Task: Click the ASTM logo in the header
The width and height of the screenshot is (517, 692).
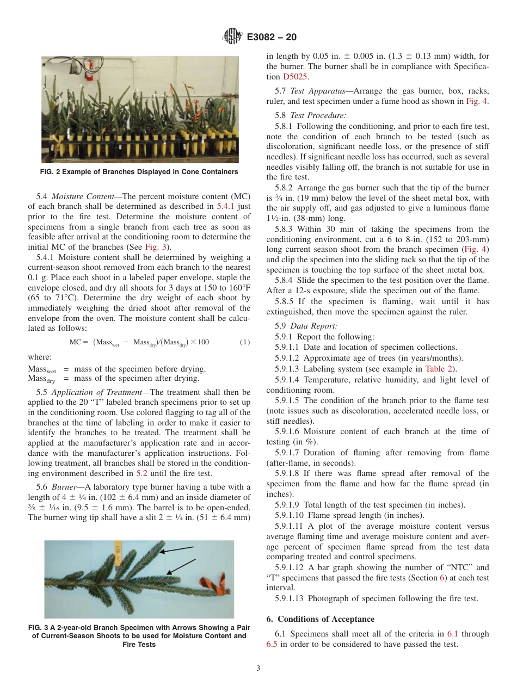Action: coord(232,37)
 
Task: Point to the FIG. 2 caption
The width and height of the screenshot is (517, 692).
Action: coord(140,172)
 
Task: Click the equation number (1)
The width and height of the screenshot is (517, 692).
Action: coord(245,342)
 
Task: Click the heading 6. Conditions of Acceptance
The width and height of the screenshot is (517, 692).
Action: coord(320,619)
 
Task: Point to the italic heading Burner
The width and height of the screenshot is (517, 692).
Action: coord(64,487)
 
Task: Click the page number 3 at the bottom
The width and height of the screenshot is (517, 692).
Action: coord(258,669)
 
